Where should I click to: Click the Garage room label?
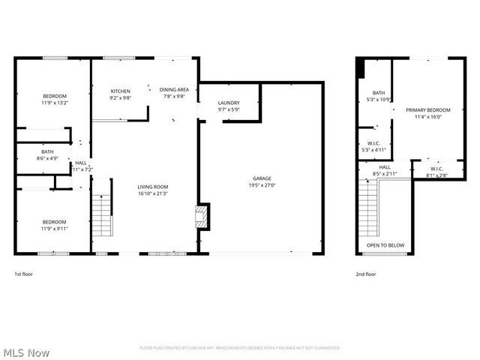click(262, 181)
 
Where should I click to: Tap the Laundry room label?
click(229, 106)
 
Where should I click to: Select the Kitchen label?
click(121, 93)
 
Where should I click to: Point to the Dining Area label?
click(174, 93)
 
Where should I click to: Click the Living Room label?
click(152, 190)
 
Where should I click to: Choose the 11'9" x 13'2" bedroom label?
click(54, 99)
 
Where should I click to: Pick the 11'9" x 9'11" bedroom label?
click(54, 225)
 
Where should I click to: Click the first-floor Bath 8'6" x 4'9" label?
click(47, 154)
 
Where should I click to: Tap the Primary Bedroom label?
click(423, 113)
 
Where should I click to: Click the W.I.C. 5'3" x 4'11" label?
click(373, 147)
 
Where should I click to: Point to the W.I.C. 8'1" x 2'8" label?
click(436, 172)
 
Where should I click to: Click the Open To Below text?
click(385, 245)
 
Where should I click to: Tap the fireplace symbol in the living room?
click(200, 217)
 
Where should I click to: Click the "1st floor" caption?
click(24, 274)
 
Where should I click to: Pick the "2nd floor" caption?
click(365, 274)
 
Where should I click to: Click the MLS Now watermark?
click(25, 352)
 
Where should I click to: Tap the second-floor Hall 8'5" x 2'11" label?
click(384, 170)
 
